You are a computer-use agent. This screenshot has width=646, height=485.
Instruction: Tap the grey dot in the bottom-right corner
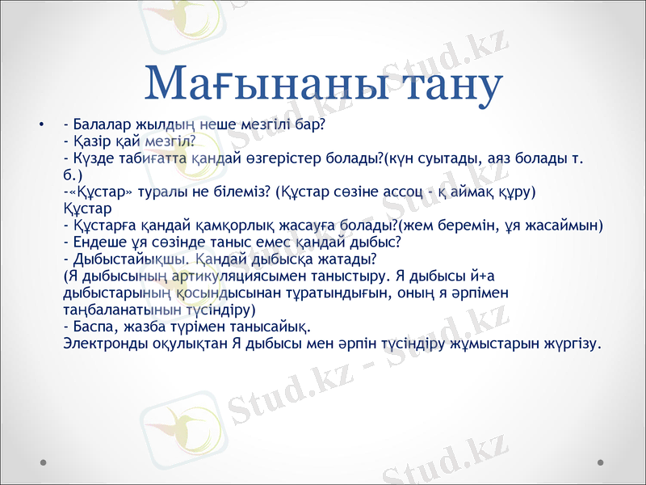click(x=601, y=462)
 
